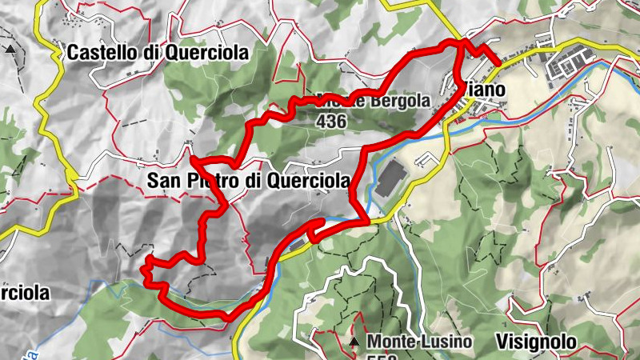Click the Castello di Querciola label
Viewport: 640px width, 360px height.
[158, 53]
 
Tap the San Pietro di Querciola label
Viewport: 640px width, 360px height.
[249, 182]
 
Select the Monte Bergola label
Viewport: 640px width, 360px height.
[374, 102]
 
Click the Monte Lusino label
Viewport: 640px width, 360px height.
[419, 342]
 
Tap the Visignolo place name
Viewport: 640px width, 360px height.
[535, 342]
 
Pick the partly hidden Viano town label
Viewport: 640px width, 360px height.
[484, 90]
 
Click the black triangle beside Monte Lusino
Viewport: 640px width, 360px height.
[354, 342]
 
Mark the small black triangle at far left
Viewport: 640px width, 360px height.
[10, 50]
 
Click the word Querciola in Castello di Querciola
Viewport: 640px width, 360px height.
[206, 53]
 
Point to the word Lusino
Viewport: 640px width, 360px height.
[445, 342]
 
